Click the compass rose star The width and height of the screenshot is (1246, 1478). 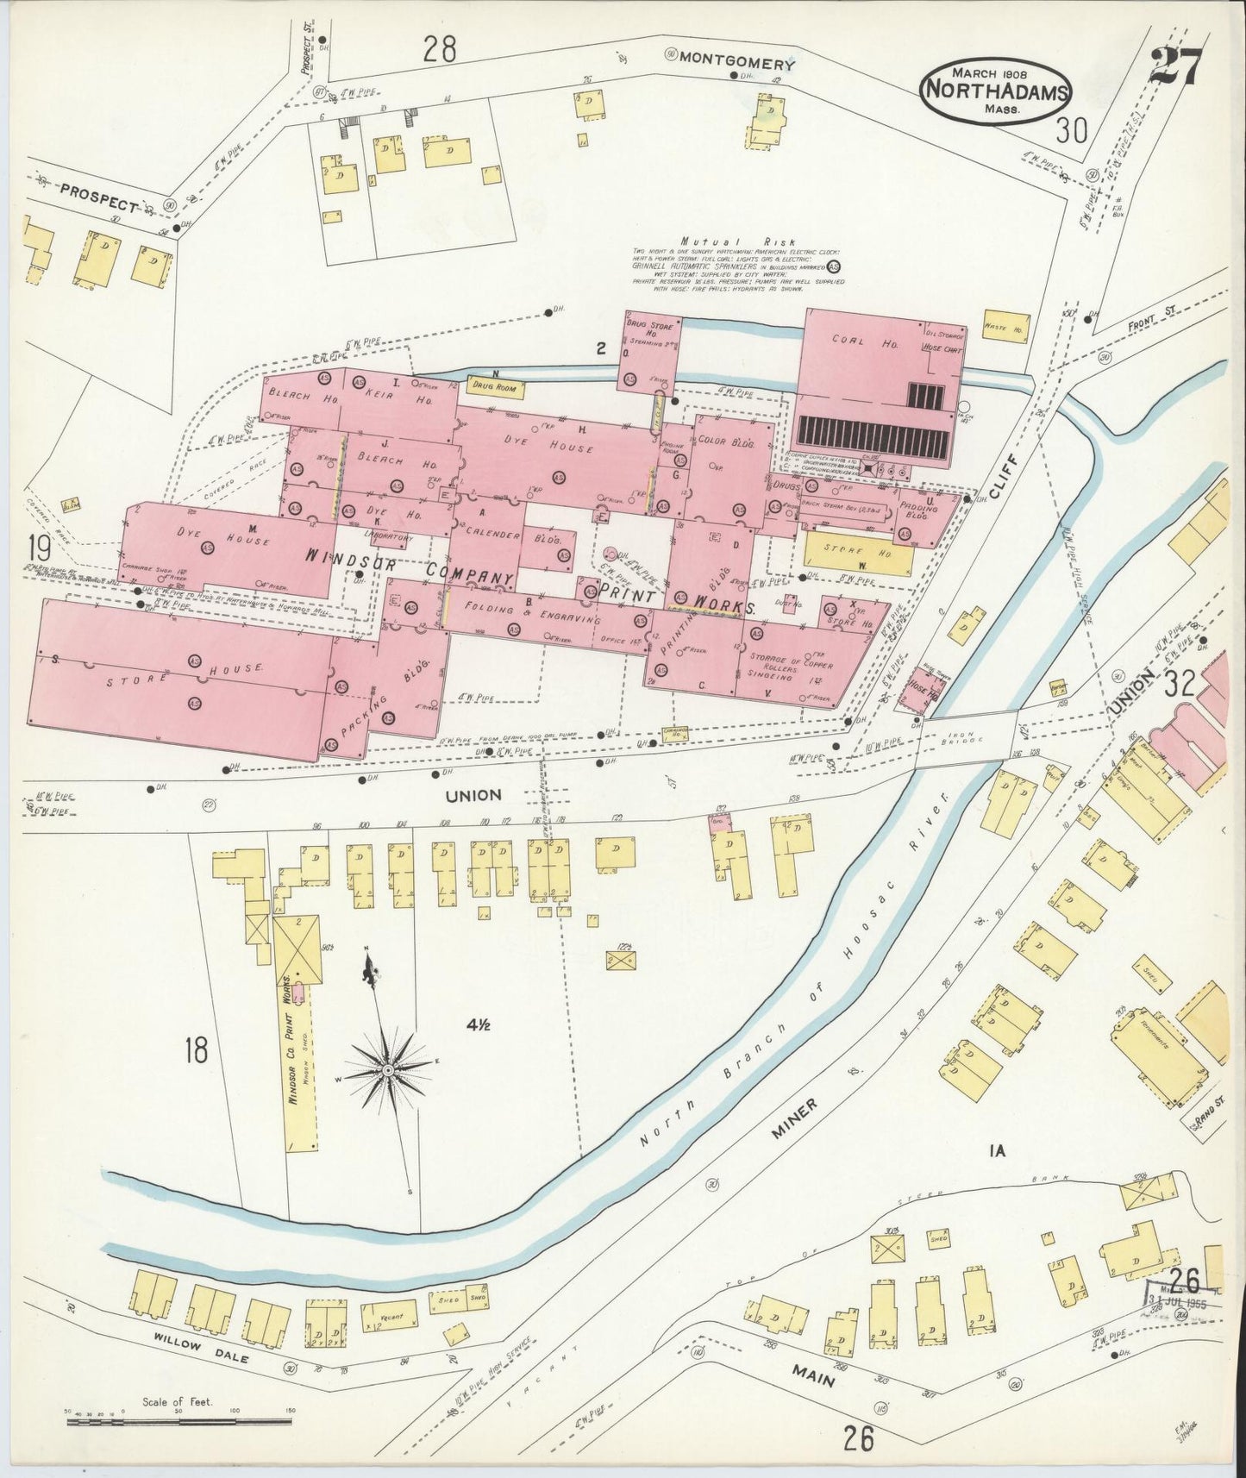click(389, 1070)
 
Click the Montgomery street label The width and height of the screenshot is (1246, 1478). click(736, 63)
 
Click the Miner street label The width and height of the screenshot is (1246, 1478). click(794, 1119)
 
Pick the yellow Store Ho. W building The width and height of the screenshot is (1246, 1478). click(858, 557)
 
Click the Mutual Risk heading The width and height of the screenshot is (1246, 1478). click(737, 242)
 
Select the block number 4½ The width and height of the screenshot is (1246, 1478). click(479, 1024)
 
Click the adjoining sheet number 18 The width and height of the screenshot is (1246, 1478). click(197, 1050)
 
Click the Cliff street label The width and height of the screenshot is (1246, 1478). click(1006, 476)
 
